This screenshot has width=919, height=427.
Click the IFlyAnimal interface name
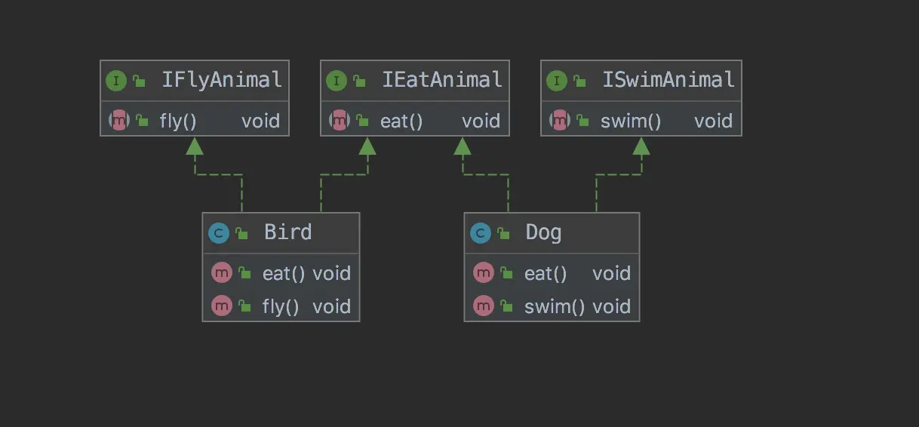click(x=222, y=80)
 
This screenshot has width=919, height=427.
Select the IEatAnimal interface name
click(x=442, y=80)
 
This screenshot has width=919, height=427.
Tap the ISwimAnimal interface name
click(x=669, y=80)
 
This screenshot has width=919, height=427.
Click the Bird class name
click(x=287, y=232)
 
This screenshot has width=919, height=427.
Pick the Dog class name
click(x=543, y=232)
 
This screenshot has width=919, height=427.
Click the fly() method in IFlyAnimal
click(x=178, y=121)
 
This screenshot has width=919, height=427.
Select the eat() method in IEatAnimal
click(x=401, y=121)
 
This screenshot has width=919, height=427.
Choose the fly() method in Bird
click(x=281, y=306)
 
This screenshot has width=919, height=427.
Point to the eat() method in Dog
click(x=546, y=273)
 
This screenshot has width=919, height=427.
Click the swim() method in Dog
click(x=555, y=306)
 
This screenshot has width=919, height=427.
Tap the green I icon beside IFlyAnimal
click(x=116, y=81)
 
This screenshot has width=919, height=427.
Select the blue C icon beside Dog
click(x=480, y=233)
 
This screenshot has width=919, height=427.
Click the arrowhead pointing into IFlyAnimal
click(x=195, y=146)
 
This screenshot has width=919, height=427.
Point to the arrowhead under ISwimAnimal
click(x=641, y=146)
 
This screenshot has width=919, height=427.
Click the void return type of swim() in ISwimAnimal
click(x=713, y=121)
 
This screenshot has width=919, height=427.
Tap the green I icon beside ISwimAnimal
click(x=557, y=81)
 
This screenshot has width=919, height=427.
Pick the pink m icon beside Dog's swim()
click(x=483, y=306)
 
